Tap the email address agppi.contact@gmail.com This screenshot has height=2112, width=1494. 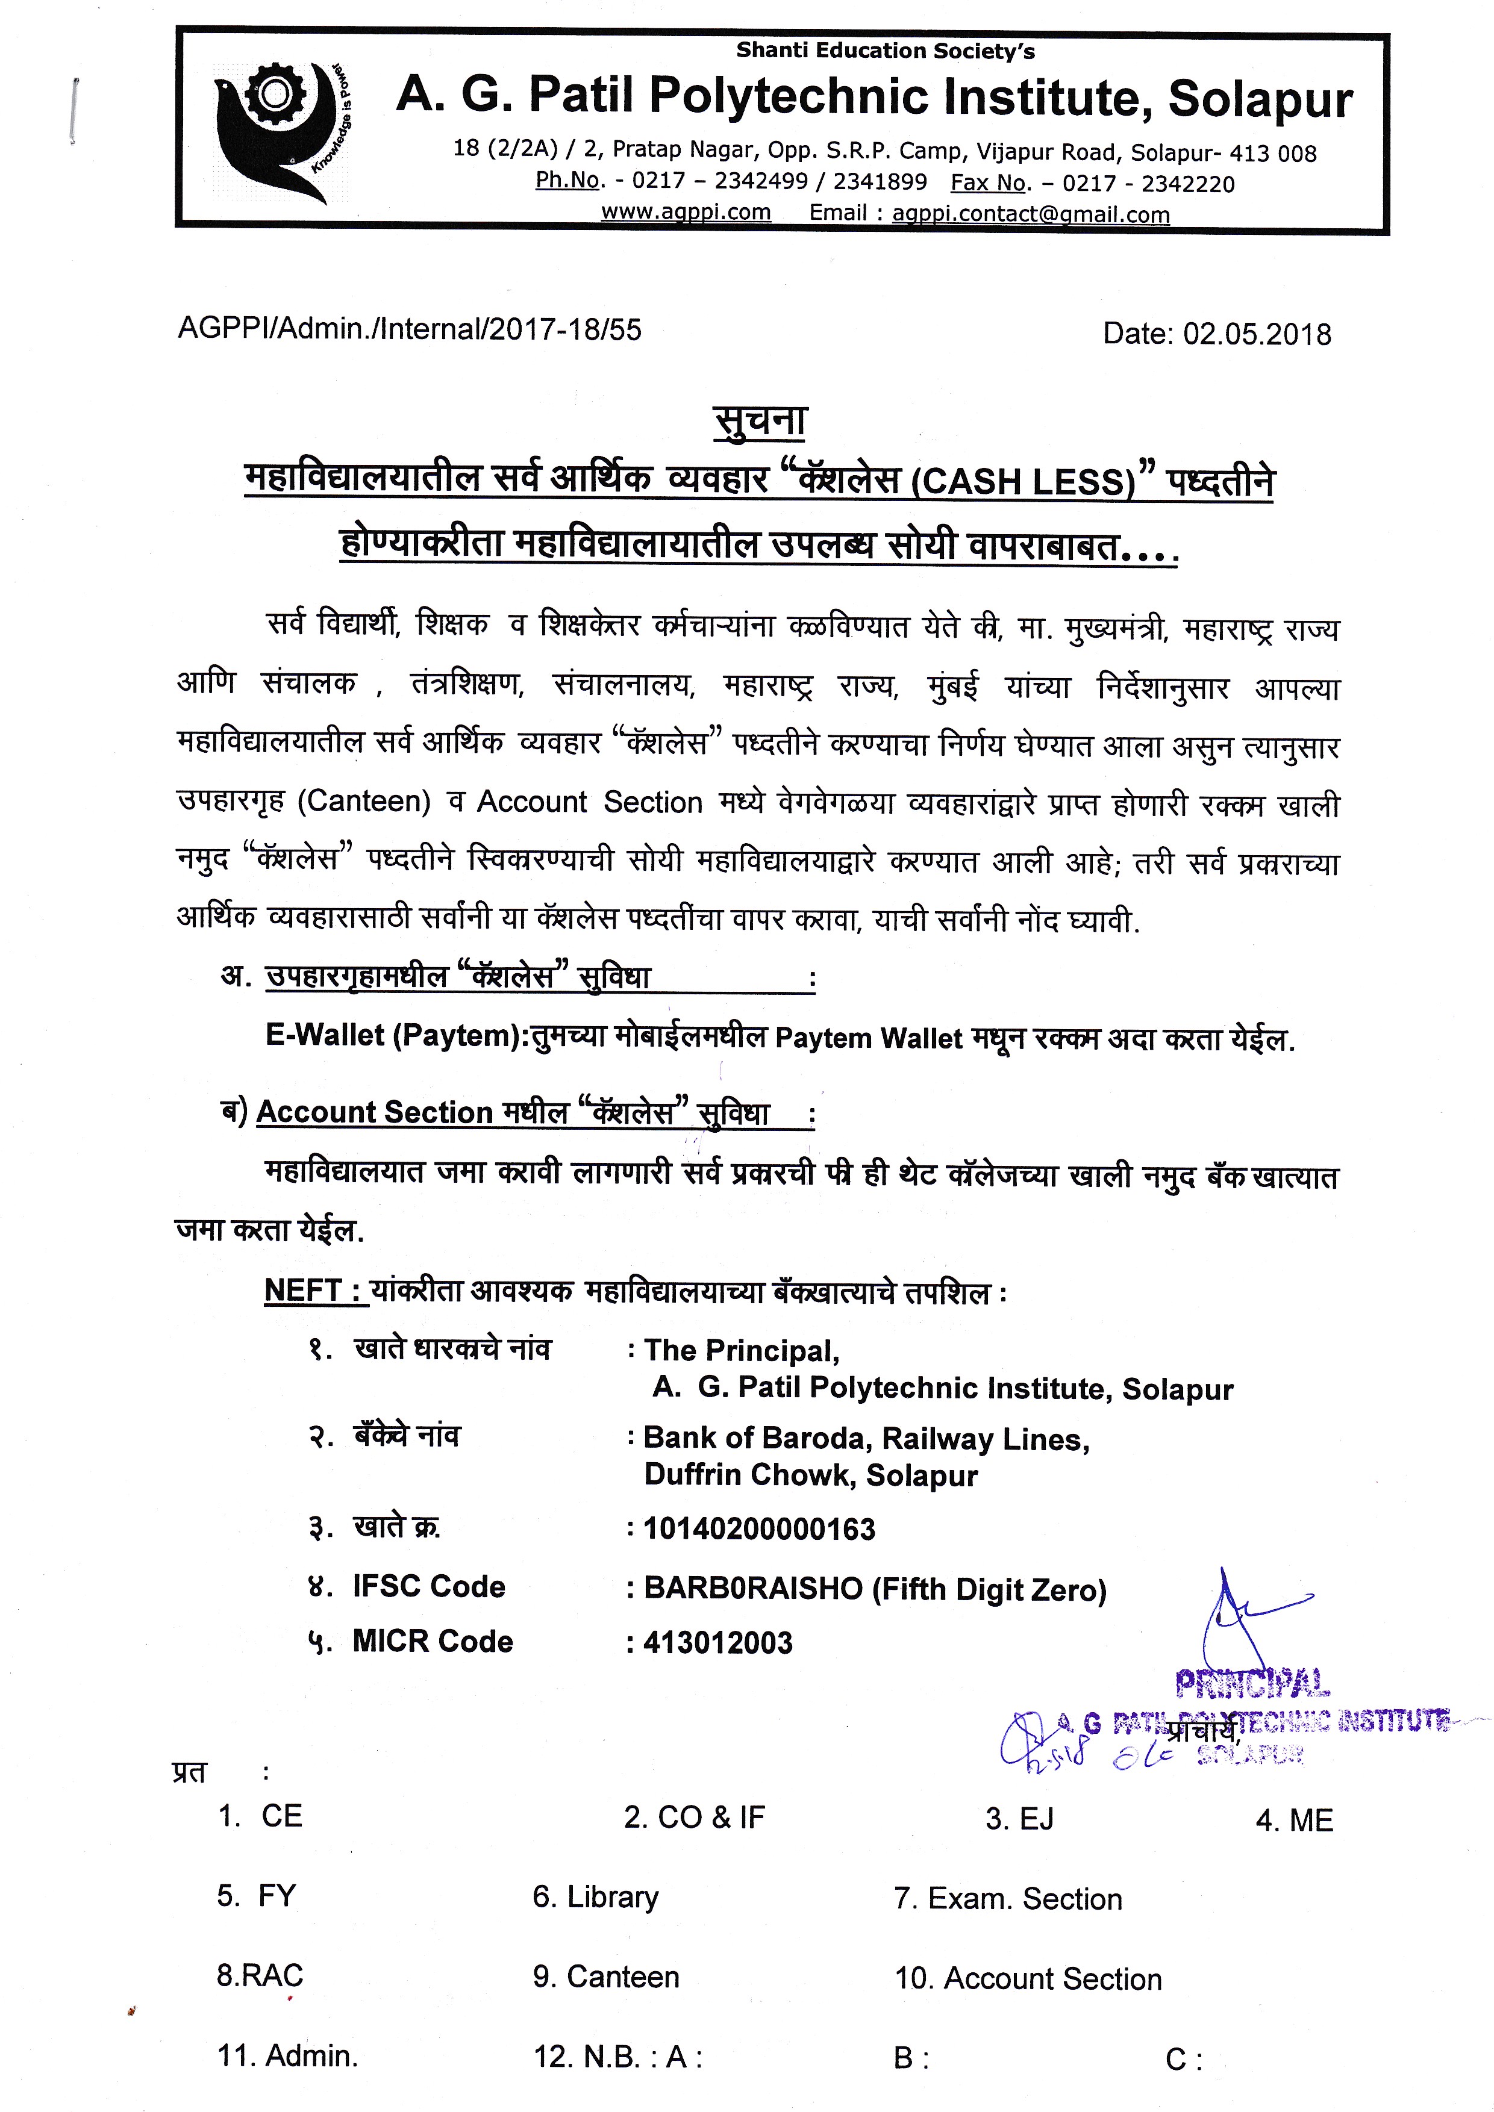1030,214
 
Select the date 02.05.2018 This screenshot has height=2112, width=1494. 1257,334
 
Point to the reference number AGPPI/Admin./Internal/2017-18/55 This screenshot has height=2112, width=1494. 410,329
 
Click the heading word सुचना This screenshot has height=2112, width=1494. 760,422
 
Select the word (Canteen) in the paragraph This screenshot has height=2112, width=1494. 364,801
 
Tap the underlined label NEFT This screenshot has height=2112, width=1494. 304,1291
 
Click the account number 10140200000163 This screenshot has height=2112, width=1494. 759,1529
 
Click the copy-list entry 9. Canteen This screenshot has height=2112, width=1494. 605,1976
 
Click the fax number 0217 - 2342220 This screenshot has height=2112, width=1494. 1148,184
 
